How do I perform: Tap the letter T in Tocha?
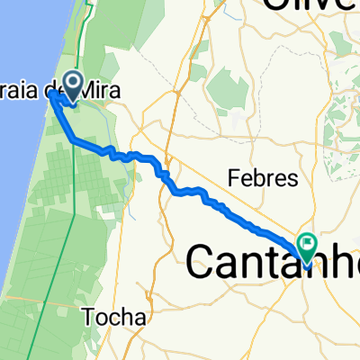(x=86, y=316)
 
